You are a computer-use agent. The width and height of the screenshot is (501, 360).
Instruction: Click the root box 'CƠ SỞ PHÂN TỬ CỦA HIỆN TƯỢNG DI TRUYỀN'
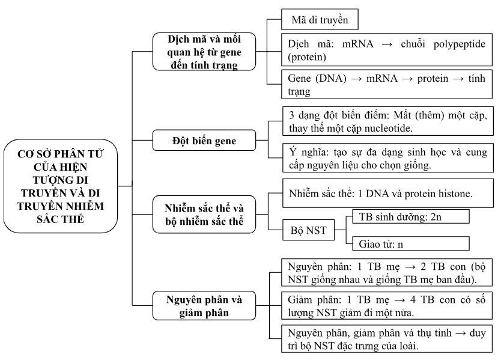(x=61, y=186)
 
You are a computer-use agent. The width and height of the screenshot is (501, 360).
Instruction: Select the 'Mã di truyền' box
(x=320, y=19)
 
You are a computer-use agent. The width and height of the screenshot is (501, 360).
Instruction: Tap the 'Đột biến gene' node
(x=204, y=141)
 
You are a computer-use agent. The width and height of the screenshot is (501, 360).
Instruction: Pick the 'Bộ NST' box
(x=308, y=230)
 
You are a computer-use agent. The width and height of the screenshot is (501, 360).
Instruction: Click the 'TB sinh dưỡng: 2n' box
(x=410, y=216)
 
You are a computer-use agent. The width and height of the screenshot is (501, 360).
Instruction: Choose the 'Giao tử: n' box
(x=410, y=243)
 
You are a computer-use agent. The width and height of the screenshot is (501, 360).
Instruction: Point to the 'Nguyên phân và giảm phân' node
(x=204, y=306)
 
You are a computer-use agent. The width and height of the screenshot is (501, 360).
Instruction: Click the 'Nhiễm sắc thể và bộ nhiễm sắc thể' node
(x=204, y=214)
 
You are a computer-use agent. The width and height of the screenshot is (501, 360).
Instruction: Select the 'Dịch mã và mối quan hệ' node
(x=204, y=52)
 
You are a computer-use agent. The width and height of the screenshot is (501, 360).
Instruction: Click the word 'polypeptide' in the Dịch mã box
(x=460, y=44)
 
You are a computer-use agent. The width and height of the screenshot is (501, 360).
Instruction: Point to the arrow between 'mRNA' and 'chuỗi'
(x=387, y=44)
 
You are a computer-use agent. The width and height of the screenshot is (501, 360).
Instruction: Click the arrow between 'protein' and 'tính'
(x=458, y=79)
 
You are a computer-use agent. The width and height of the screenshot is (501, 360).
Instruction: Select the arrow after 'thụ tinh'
(x=460, y=334)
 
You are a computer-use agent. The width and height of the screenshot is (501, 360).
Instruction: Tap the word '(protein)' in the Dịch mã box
(x=307, y=57)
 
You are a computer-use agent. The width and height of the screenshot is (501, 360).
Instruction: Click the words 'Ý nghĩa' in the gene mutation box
(x=309, y=153)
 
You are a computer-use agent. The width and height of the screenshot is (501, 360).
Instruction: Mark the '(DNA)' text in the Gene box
(x=331, y=78)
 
